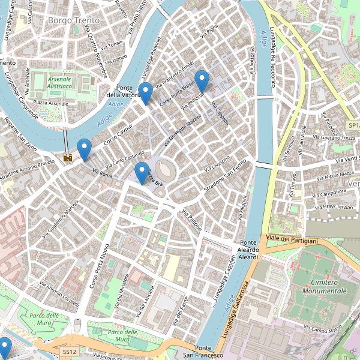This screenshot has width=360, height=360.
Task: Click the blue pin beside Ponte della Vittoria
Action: point(145,92)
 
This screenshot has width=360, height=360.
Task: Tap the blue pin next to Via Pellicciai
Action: point(202,80)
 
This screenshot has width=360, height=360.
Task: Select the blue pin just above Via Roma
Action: point(85,149)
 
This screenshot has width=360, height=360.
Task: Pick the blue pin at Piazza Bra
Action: point(142,172)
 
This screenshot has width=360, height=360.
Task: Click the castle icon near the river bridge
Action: point(68,158)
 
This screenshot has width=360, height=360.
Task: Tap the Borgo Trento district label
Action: point(74,20)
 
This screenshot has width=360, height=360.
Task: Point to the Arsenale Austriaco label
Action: point(59,82)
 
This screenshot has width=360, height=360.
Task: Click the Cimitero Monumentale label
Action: point(320,286)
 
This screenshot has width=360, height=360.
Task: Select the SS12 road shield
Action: point(70,352)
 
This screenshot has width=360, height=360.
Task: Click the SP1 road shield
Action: point(353,125)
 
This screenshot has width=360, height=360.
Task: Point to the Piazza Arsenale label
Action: point(50,103)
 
